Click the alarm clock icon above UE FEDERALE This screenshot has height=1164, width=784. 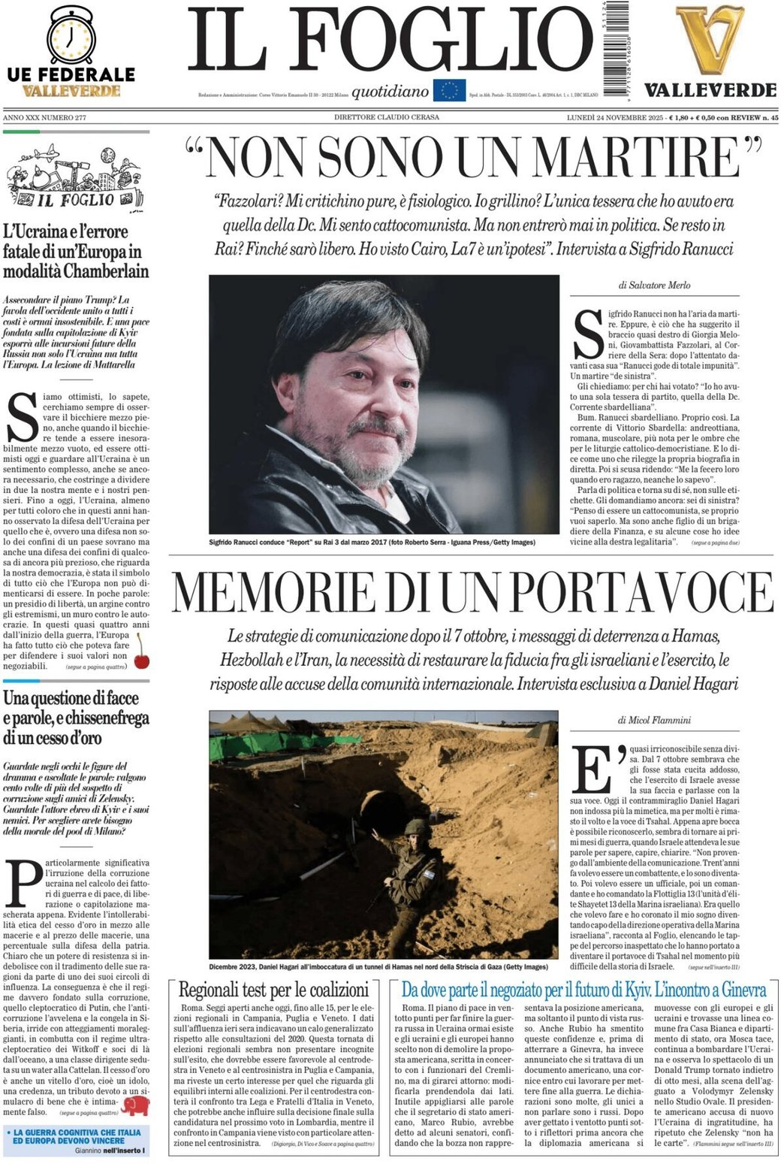tap(71, 35)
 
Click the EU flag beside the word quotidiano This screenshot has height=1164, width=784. tap(449, 91)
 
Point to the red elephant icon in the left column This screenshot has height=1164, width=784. tap(136, 1105)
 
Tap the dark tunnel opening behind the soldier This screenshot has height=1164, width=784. tap(383, 811)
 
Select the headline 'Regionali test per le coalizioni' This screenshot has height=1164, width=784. tap(273, 989)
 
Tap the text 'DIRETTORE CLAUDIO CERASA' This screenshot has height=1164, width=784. tap(387, 117)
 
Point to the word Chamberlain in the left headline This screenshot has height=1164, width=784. tap(106, 271)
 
